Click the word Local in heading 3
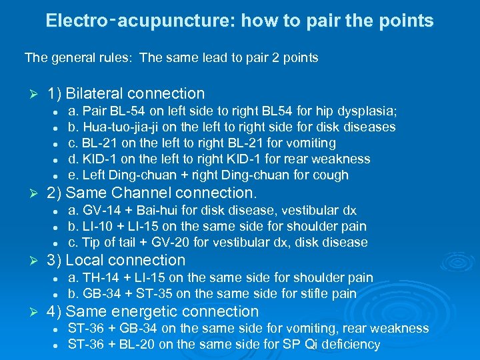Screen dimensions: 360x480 83,261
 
